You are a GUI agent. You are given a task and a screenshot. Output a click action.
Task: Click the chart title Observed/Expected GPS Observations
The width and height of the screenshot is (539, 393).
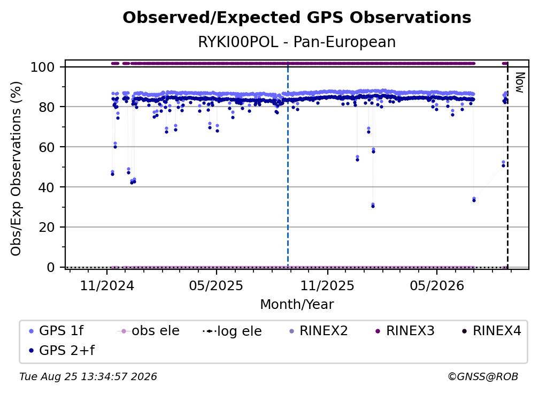tap(297, 18)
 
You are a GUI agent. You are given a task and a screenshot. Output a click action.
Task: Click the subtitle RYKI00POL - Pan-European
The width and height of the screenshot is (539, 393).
tap(297, 42)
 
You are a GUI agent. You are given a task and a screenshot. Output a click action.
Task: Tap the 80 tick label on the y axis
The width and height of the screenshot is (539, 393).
tap(47, 107)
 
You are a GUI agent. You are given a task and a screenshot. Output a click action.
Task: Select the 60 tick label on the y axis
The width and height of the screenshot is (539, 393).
tap(47, 147)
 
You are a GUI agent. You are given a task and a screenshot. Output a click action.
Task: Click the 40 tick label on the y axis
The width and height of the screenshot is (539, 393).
tap(47, 187)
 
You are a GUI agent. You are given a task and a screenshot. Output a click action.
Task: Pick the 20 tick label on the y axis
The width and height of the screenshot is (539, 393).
tap(47, 227)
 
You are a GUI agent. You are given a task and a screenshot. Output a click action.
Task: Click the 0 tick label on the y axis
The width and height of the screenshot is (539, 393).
tap(51, 267)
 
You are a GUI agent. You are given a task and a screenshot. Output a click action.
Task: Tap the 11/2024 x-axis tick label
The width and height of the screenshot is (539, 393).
tap(107, 285)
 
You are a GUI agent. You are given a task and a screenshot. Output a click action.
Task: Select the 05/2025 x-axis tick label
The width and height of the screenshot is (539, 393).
tap(216, 285)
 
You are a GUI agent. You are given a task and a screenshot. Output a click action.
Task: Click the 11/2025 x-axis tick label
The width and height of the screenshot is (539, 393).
tap(327, 285)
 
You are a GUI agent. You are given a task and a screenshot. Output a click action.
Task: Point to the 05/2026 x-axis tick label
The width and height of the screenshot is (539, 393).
tap(436, 285)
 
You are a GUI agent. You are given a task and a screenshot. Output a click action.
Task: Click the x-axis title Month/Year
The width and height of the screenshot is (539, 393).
tap(297, 305)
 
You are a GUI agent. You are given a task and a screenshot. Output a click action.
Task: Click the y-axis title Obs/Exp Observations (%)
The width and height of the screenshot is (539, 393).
tap(16, 169)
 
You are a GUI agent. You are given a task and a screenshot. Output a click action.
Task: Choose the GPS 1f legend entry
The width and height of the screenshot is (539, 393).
tap(56, 331)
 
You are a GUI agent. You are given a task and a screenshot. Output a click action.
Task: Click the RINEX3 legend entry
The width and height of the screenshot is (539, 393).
tap(404, 331)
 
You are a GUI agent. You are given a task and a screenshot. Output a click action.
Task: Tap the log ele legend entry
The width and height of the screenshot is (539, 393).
tap(232, 331)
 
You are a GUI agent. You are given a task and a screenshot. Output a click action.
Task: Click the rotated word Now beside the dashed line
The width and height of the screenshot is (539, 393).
tap(519, 82)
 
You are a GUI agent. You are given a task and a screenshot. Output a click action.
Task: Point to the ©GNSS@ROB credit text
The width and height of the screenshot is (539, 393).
tap(483, 377)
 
